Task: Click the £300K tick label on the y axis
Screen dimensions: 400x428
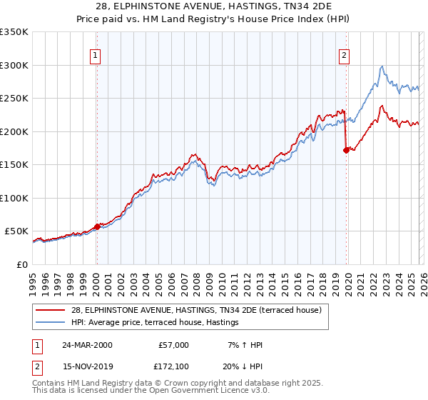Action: (x=14, y=65)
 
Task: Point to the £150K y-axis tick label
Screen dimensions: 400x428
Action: (x=14, y=164)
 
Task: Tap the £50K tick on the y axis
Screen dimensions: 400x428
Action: (x=17, y=231)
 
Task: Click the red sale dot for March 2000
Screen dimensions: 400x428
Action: (x=98, y=226)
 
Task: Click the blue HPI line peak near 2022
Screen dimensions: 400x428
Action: (x=382, y=66)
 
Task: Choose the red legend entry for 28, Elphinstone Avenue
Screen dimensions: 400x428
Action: (x=197, y=310)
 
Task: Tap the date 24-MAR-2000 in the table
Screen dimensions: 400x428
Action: (x=86, y=345)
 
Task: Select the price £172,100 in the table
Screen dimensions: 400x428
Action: (x=173, y=366)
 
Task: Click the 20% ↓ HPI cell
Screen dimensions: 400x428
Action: (x=243, y=366)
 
